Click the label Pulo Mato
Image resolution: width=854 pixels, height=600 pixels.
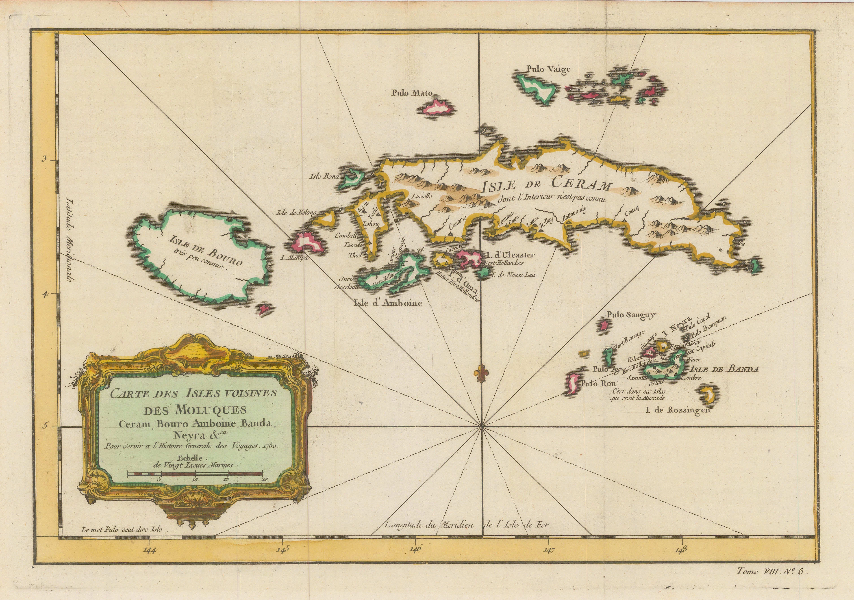click(412, 93)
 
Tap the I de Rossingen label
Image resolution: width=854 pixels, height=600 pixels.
click(678, 410)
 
